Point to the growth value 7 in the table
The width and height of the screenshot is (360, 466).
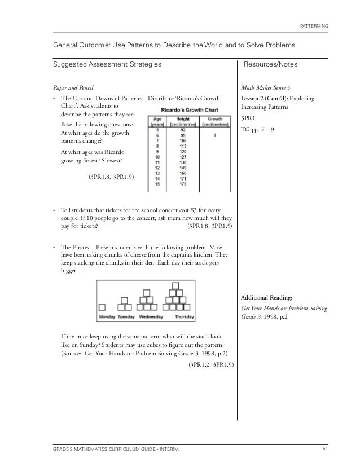[215, 135]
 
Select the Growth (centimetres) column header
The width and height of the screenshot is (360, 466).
[215, 121]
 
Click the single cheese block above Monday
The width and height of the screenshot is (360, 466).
[103, 307]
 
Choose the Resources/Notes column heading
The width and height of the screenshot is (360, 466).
[270, 65]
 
